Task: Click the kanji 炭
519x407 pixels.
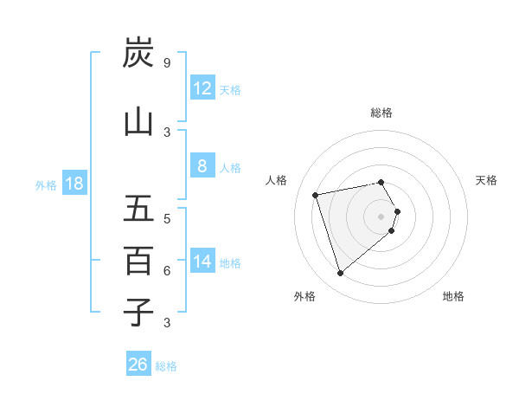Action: pos(138,53)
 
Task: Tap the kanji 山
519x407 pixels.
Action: pos(138,121)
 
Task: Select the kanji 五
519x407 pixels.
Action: pos(138,209)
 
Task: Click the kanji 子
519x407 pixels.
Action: pos(138,312)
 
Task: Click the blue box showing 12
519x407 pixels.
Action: pos(202,88)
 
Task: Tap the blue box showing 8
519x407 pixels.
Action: pos(202,167)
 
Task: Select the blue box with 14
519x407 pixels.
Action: pos(202,262)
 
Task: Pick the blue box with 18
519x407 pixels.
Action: pos(74,184)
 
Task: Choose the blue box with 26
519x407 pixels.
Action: pos(138,365)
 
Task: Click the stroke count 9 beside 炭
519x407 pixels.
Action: pos(166,62)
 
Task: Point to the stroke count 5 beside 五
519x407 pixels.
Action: pos(166,218)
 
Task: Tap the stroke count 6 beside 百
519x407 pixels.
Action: pos(166,270)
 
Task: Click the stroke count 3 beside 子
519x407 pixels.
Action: pos(166,323)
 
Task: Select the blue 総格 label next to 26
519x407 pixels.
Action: pos(166,366)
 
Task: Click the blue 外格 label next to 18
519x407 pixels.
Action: pos(46,185)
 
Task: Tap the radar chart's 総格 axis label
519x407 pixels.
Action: pos(381,113)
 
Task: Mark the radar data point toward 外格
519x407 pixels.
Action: pos(340,274)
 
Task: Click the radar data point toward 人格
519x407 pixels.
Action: pos(316,194)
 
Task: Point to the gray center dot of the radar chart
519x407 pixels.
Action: pos(381,216)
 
